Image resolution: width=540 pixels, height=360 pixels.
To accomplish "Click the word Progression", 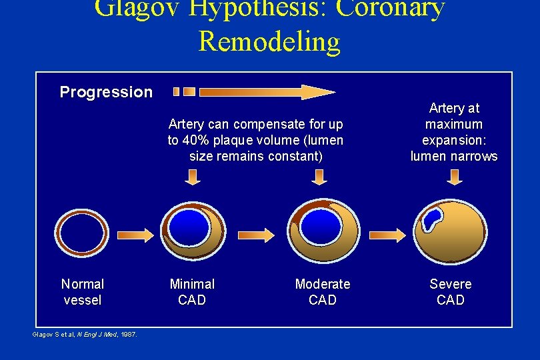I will pyautogui.click(x=106, y=92).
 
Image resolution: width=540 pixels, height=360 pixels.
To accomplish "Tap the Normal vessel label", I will pyautogui.click(x=83, y=292).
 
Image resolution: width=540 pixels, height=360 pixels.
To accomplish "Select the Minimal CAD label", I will pyautogui.click(x=192, y=292).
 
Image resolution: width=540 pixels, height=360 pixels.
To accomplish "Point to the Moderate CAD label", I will pyautogui.click(x=323, y=292).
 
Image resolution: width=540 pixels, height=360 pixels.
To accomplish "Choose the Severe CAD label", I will pyautogui.click(x=451, y=292).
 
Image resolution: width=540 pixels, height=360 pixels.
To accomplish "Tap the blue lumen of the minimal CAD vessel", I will pyautogui.click(x=188, y=226).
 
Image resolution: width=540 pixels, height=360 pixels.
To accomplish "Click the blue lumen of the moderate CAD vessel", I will pyautogui.click(x=320, y=225).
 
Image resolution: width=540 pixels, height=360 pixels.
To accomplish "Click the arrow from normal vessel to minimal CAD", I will pyautogui.click(x=135, y=235).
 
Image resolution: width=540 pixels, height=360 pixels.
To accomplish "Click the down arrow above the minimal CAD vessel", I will pyautogui.click(x=192, y=177).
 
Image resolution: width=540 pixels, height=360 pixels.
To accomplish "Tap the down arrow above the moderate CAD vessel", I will pyautogui.click(x=319, y=177).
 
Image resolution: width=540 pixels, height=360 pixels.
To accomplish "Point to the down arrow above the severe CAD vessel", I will pyautogui.click(x=455, y=177).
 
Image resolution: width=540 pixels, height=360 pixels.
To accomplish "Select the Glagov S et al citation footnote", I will pyautogui.click(x=85, y=334).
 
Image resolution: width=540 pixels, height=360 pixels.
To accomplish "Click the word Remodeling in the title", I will pyautogui.click(x=269, y=41).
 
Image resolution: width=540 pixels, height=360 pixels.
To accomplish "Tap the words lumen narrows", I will pyautogui.click(x=454, y=156).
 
